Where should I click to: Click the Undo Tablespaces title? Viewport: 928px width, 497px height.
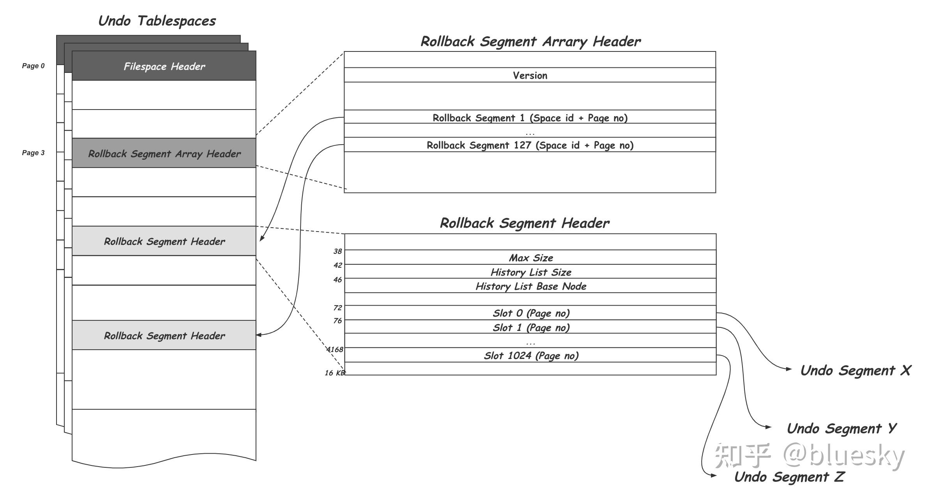coord(157,21)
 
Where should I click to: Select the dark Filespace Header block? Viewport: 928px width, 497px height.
coord(164,65)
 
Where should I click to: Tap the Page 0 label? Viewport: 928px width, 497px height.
coord(33,66)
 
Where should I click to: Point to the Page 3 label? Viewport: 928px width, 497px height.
coord(33,153)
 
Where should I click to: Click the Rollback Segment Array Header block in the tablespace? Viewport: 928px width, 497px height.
coord(164,153)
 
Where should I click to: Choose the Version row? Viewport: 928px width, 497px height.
coord(530,75)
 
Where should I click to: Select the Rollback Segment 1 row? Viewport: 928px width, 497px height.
coord(530,117)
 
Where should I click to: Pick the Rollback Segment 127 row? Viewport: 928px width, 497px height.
coord(530,145)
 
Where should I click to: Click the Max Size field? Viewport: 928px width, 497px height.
coord(530,258)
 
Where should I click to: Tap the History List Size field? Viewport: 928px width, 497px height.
coord(530,272)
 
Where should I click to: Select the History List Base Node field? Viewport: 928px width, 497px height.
coord(530,286)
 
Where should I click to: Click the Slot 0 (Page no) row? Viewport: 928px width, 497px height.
coord(530,313)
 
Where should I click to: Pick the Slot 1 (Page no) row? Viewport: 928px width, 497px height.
coord(530,327)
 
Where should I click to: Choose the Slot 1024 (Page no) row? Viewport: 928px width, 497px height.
coord(530,355)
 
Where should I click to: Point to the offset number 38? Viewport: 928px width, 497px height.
coord(338,251)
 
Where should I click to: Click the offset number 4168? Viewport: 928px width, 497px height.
coord(335,349)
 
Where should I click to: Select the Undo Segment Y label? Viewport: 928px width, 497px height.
coord(841,428)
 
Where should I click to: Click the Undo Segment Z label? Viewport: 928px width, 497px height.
coord(789,477)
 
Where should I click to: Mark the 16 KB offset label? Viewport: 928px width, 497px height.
coord(335,373)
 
